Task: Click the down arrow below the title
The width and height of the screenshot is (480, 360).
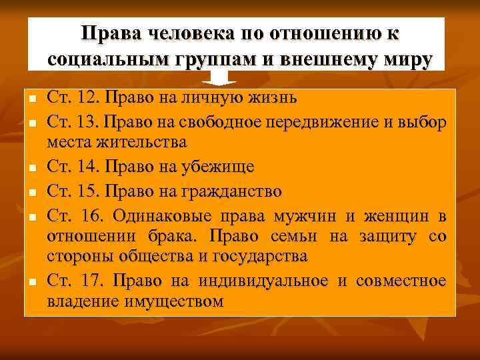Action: pyautogui.click(x=220, y=79)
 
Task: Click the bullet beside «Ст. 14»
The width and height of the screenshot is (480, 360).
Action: pyautogui.click(x=32, y=168)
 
